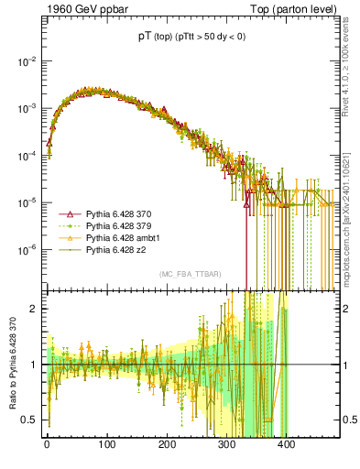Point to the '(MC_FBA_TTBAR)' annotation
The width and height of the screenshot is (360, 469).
tap(190, 274)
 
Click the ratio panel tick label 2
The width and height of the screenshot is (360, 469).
tap(35, 309)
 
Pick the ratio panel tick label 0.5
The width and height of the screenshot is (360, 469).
tap(31, 420)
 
